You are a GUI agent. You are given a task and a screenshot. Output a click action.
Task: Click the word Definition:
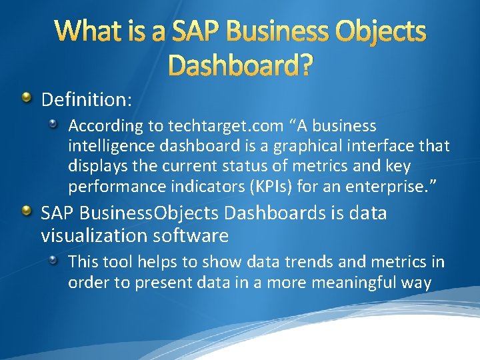(87, 100)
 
